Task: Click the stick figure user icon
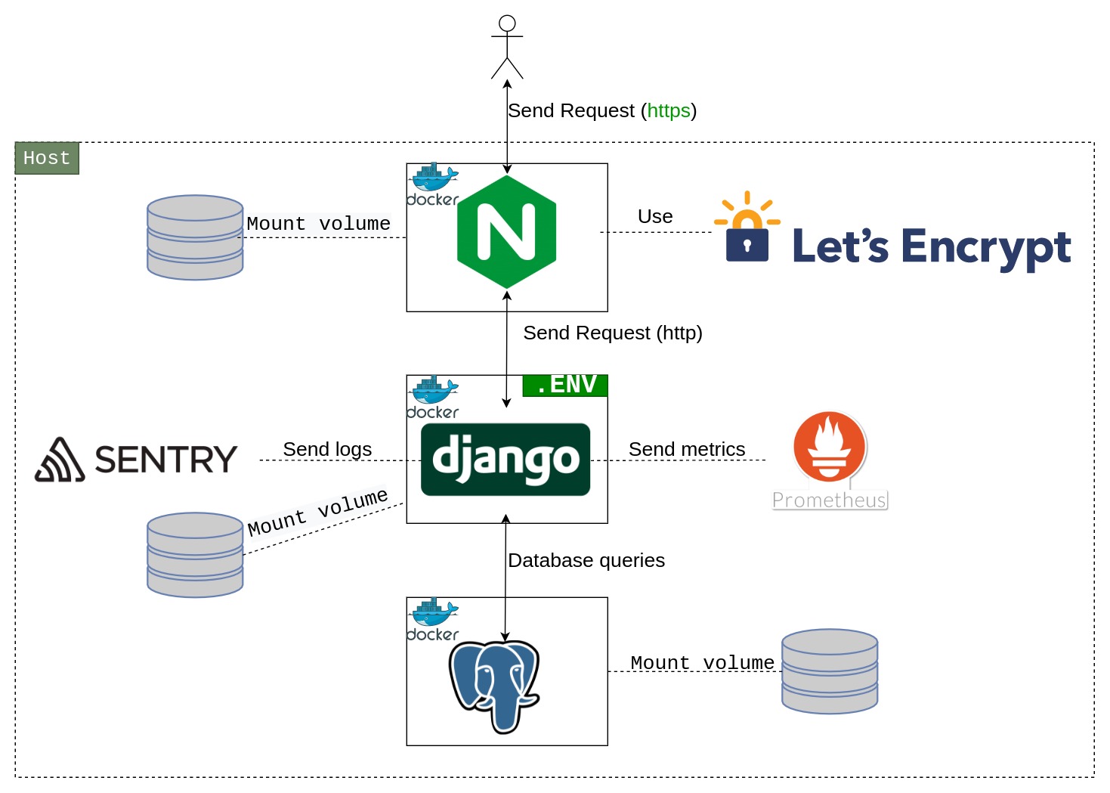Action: click(507, 47)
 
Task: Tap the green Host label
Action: click(47, 158)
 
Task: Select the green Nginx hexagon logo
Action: click(507, 232)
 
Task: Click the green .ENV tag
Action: click(565, 385)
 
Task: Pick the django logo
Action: click(506, 460)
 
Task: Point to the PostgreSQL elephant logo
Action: click(495, 685)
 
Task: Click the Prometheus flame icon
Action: click(830, 447)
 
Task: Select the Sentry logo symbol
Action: click(60, 460)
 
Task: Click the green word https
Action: click(669, 111)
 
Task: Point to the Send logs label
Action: click(327, 449)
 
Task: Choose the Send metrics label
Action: click(687, 449)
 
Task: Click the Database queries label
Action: click(586, 560)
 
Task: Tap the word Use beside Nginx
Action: click(655, 217)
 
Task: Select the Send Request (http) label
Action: click(613, 333)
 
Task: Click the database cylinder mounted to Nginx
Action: click(195, 237)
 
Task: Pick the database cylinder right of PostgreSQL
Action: click(830, 671)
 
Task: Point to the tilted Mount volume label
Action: click(318, 512)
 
